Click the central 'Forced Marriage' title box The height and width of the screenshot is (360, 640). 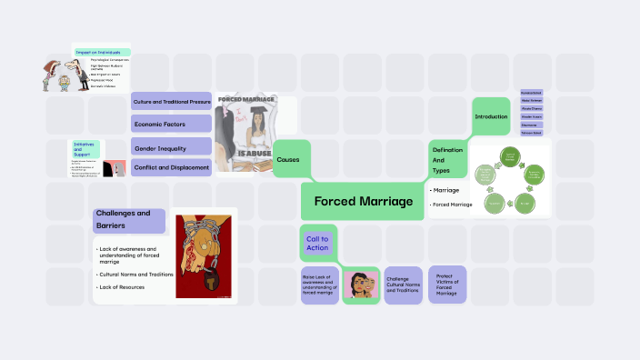[363, 200]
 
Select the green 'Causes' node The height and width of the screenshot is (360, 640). [291, 158]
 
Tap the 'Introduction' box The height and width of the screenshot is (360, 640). [491, 116]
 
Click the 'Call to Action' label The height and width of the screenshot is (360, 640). [317, 243]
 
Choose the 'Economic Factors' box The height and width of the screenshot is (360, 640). [171, 123]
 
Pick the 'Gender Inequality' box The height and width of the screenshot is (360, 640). [171, 145]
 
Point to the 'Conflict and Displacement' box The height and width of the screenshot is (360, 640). [171, 166]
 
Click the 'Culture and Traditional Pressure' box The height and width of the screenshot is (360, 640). [171, 100]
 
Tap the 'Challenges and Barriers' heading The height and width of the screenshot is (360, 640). [128, 221]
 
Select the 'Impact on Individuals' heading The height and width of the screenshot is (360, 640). [102, 53]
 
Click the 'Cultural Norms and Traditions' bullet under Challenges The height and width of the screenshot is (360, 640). [136, 274]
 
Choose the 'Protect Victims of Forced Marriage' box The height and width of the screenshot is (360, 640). [446, 285]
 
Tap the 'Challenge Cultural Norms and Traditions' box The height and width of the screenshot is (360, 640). [403, 285]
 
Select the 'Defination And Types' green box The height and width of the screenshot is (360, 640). [447, 159]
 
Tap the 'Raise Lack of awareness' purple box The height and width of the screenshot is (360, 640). [319, 284]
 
